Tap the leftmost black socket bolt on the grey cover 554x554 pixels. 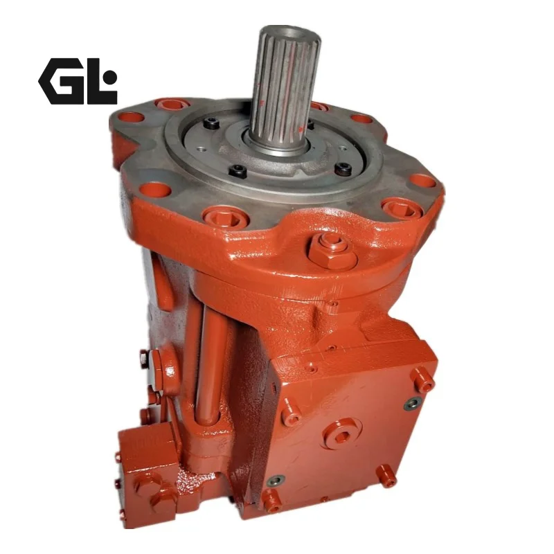click(x=211, y=123)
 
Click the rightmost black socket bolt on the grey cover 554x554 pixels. click(x=343, y=168)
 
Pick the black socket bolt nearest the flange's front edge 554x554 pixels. click(x=238, y=170)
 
